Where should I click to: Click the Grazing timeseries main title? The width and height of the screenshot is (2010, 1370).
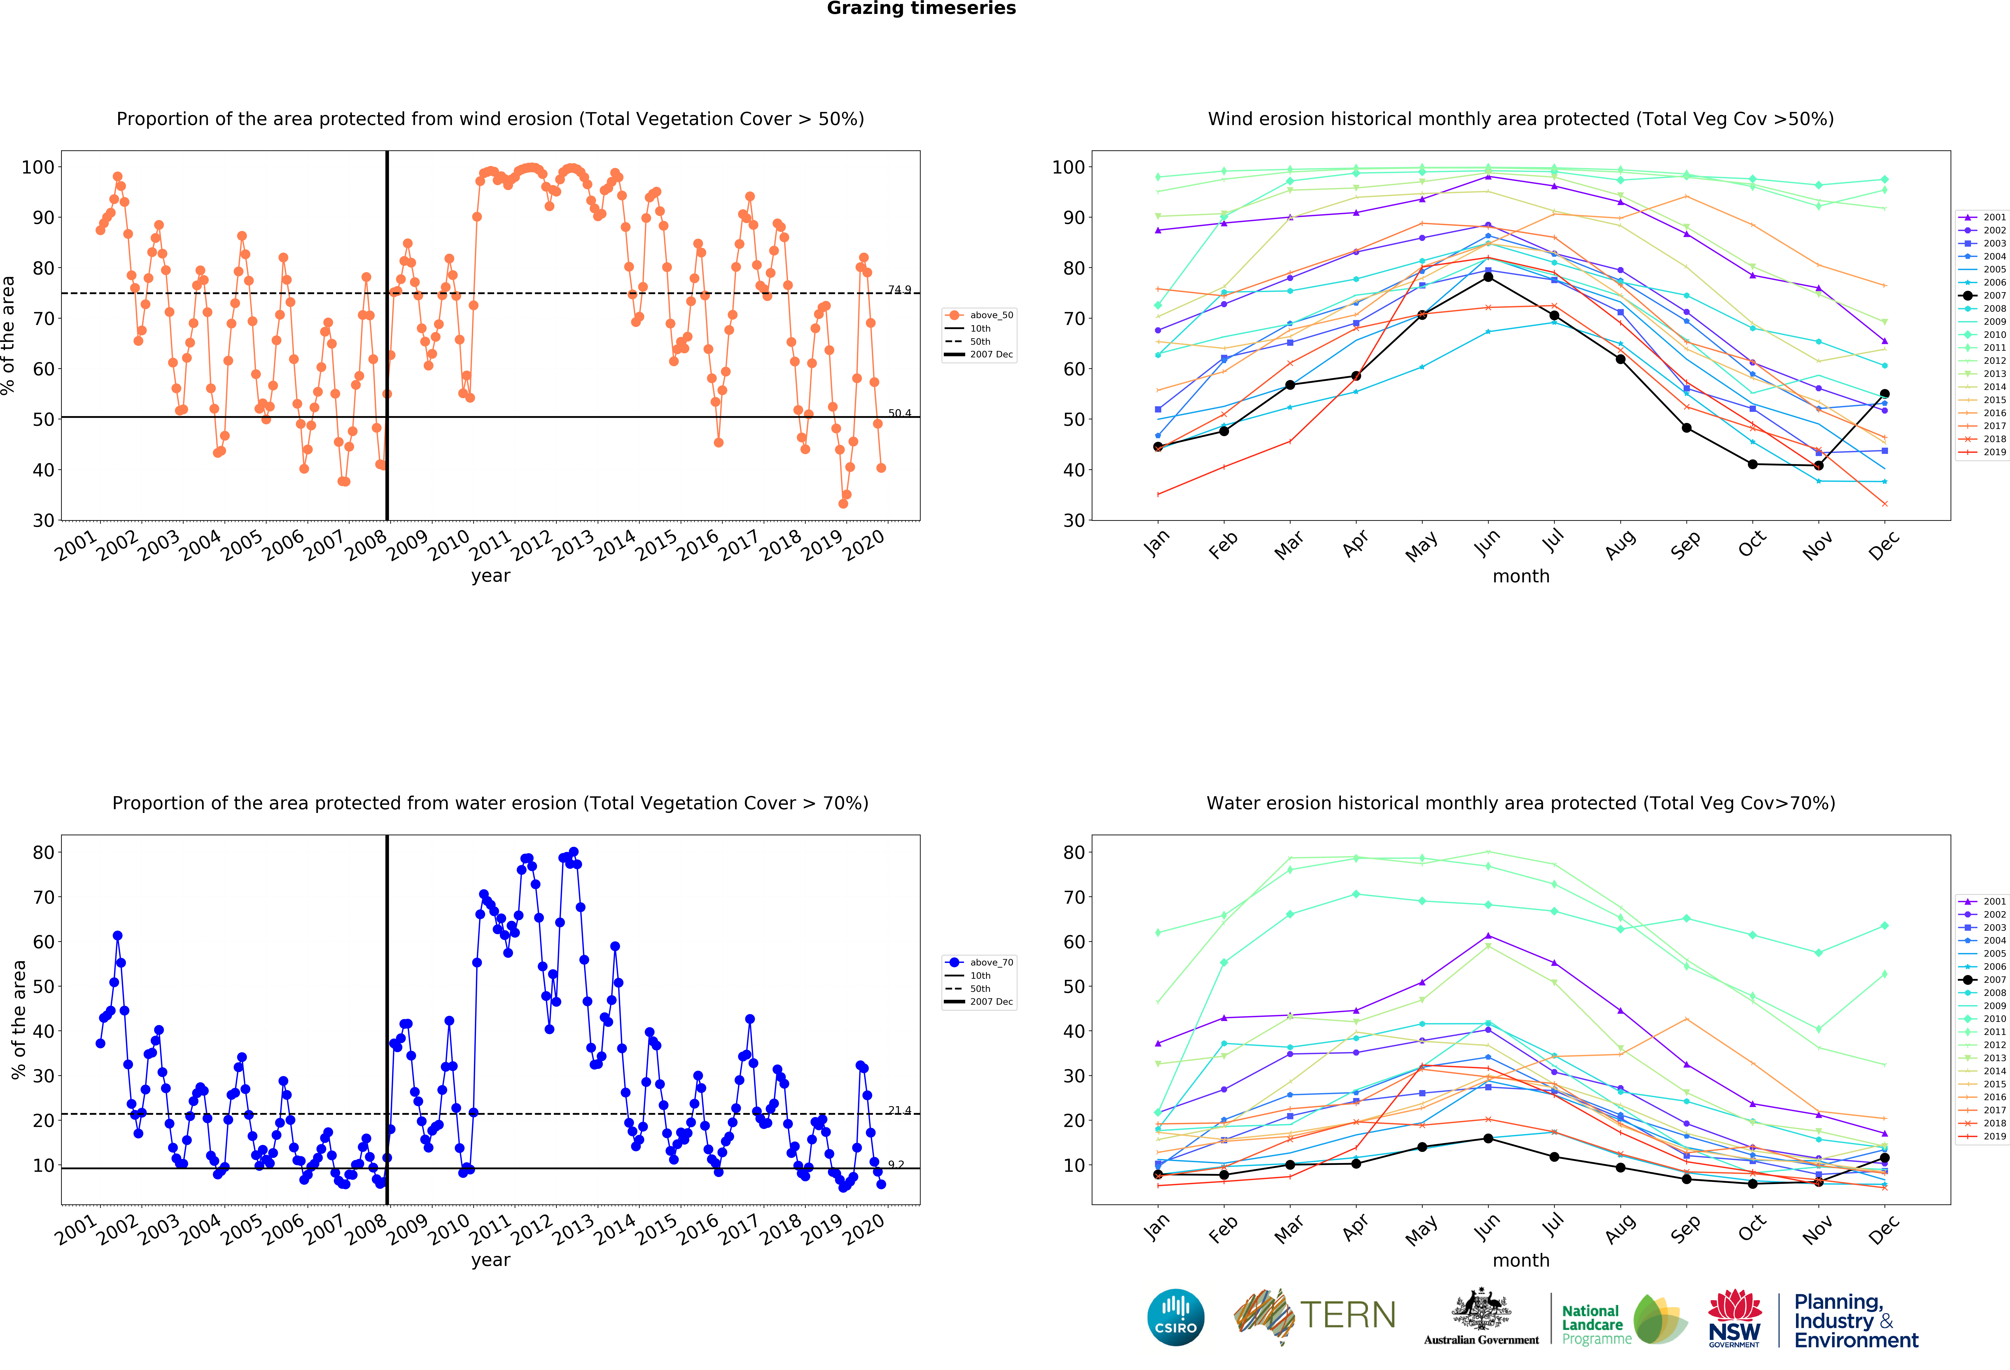coord(921,9)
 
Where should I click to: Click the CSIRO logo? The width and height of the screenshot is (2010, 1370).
coord(1175,1317)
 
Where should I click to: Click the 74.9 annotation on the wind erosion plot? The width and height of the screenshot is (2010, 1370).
coord(899,290)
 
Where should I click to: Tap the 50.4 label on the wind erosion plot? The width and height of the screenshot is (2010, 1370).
coord(899,413)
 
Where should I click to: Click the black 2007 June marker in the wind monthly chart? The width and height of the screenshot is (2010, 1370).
coord(1488,277)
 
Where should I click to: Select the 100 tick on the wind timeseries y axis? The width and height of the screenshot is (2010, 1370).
coord(38,167)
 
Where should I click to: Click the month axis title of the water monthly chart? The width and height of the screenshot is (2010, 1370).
coord(1520,1260)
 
